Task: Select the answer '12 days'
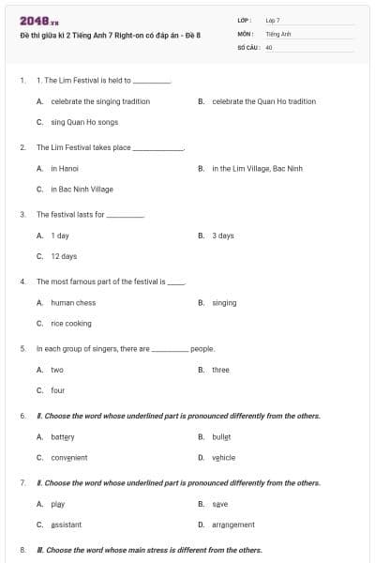pyautogui.click(x=64, y=256)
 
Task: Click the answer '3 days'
pyautogui.click(x=223, y=236)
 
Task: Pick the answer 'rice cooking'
pyautogui.click(x=71, y=323)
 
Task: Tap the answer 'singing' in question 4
pyautogui.click(x=224, y=303)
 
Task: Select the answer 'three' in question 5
pyautogui.click(x=220, y=370)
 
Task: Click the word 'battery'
pyautogui.click(x=62, y=437)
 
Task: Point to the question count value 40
pyautogui.click(x=269, y=45)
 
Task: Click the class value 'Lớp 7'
pyautogui.click(x=273, y=20)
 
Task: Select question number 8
pyautogui.click(x=22, y=550)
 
